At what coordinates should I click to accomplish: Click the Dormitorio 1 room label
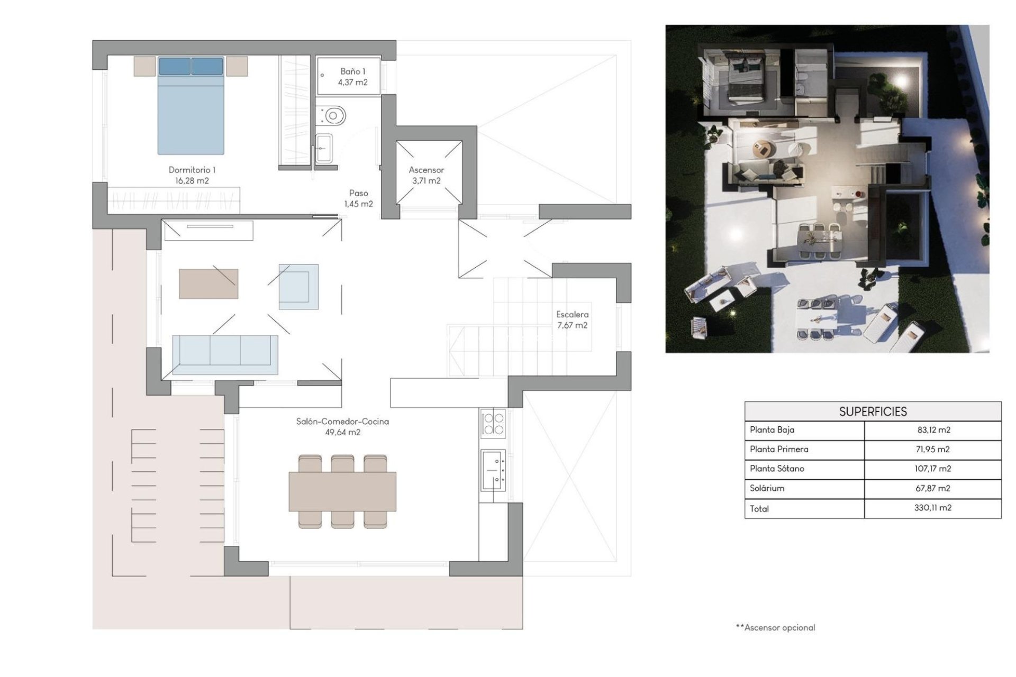pyautogui.click(x=192, y=175)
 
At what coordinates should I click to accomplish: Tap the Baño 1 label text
pyautogui.click(x=352, y=77)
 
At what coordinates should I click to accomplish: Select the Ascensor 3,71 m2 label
pyautogui.click(x=426, y=175)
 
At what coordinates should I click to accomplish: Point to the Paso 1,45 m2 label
pyautogui.click(x=358, y=198)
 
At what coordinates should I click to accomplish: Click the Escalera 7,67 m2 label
pyautogui.click(x=572, y=319)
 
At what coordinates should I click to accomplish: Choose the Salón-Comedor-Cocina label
pyautogui.click(x=342, y=426)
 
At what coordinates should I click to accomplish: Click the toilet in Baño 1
pyautogui.click(x=332, y=115)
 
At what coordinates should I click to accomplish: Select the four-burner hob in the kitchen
pyautogui.click(x=493, y=423)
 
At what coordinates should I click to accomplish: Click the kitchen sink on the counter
pyautogui.click(x=493, y=470)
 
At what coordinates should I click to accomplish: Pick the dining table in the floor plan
pyautogui.click(x=342, y=492)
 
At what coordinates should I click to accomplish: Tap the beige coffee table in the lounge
pyautogui.click(x=208, y=284)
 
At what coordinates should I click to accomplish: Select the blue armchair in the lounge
pyautogui.click(x=298, y=287)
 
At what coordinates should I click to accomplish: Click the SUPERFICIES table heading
pyautogui.click(x=873, y=411)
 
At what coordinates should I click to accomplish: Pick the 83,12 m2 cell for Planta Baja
pyautogui.click(x=933, y=430)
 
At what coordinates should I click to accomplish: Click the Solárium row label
pyautogui.click(x=767, y=488)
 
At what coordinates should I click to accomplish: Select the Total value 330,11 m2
pyautogui.click(x=932, y=508)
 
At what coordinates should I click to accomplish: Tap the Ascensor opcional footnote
pyautogui.click(x=776, y=628)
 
